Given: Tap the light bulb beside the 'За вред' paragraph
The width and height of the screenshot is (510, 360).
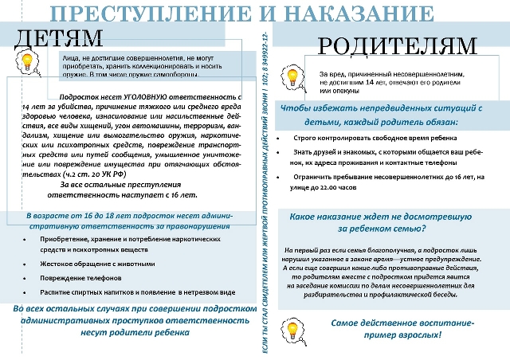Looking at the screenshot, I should pyautogui.click(x=292, y=76).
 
